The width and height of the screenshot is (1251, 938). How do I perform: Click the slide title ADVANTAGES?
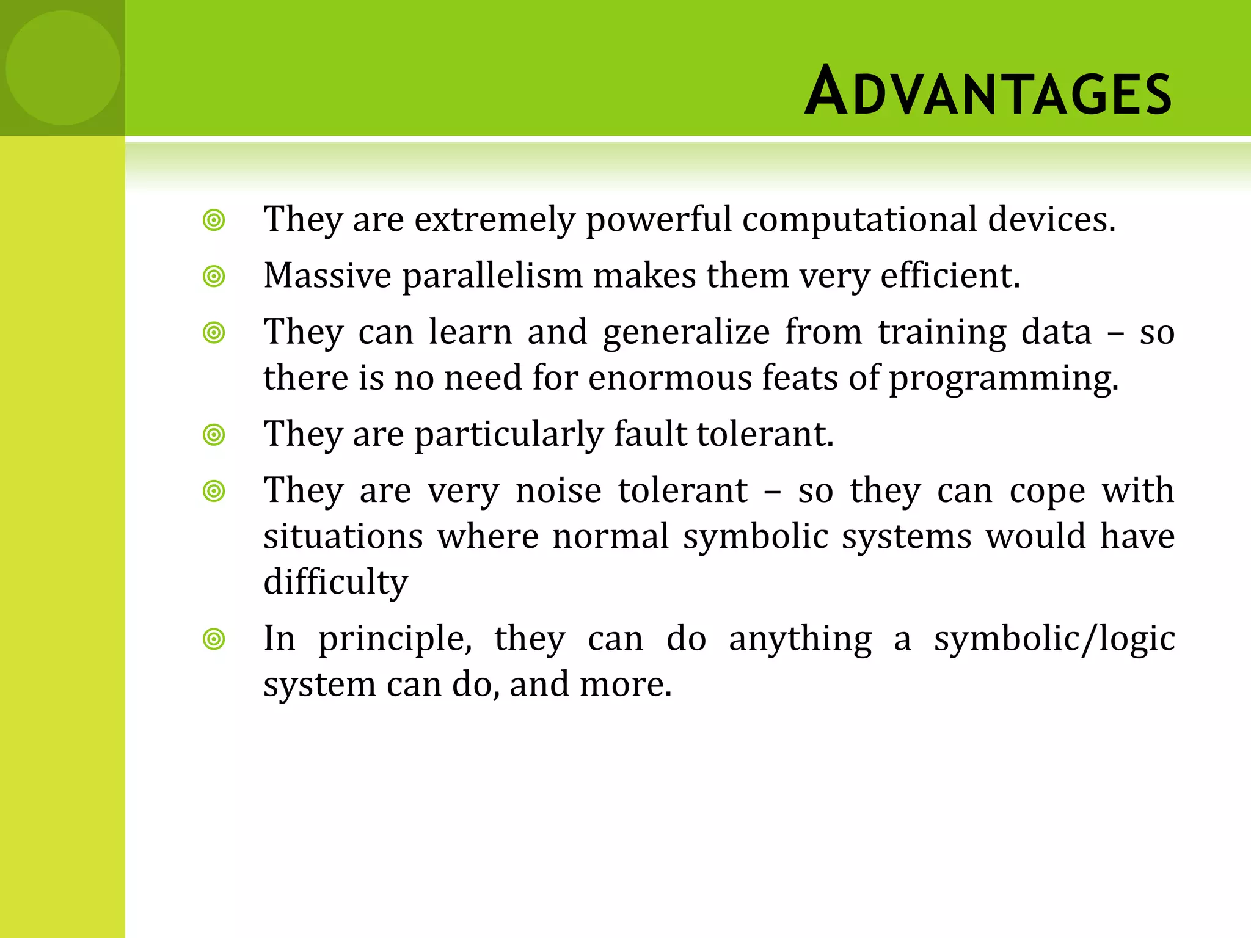coord(988,92)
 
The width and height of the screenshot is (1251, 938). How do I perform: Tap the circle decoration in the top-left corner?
coord(63,68)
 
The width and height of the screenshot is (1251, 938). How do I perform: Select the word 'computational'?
coord(859,219)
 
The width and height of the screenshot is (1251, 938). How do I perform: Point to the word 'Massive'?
coord(327,275)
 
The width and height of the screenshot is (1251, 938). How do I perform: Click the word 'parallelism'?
coord(492,275)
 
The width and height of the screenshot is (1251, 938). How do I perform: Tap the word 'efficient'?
coord(949,275)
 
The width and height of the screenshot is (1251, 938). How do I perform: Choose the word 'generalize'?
coord(686,333)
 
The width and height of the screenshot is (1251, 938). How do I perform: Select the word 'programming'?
coord(1003,379)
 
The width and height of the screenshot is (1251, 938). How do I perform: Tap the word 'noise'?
coord(558,490)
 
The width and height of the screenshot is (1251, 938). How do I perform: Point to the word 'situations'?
coord(343,536)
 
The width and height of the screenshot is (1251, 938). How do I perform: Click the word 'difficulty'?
coord(335,582)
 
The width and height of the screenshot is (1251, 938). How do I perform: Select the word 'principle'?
coord(395,639)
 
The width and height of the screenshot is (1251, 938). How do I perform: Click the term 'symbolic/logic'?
coord(1054,639)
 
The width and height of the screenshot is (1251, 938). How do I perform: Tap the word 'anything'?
coord(800,639)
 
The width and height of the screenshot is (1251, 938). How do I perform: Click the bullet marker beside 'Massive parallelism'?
coord(214,277)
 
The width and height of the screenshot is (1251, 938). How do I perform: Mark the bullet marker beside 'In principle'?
coord(214,639)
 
